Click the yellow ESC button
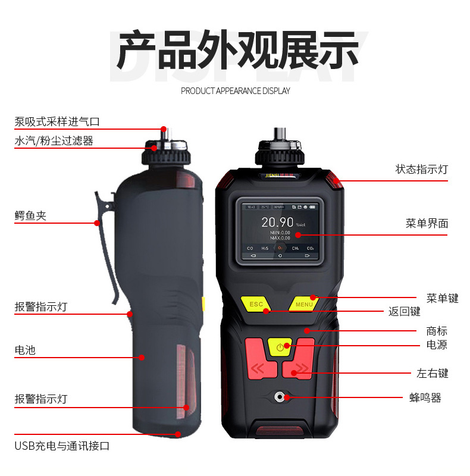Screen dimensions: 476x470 pos(256,304)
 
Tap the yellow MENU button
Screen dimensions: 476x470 pos(304,304)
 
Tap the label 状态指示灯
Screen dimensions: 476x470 pos(422,169)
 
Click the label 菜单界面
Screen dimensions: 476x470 pos(427,223)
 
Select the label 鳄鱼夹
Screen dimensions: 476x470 pos(30,215)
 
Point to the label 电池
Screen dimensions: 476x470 pos(25,350)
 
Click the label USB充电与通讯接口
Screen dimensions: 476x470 pos(62,446)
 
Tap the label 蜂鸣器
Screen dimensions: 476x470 pos(425,398)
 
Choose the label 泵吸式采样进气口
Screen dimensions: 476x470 pos(57,122)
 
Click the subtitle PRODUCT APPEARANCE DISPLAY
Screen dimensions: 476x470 pos(236,91)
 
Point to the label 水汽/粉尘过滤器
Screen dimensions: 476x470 pos(54,141)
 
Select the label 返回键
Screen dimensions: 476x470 pos(405,311)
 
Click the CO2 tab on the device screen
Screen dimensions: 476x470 pos(310,248)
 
